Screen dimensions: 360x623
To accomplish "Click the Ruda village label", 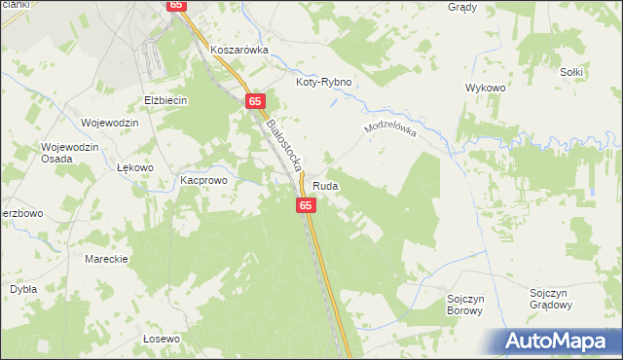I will (x=326, y=185).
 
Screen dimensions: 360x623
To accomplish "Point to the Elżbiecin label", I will (x=165, y=100).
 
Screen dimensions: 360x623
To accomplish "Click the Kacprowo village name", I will (x=203, y=181).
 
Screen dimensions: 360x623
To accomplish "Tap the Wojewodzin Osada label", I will (x=70, y=155).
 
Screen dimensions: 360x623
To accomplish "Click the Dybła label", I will (x=23, y=289).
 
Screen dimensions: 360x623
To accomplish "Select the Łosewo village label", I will (x=162, y=339).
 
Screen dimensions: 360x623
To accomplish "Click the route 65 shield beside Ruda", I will (x=306, y=205).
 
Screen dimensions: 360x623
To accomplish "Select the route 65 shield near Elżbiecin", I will (x=255, y=101).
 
